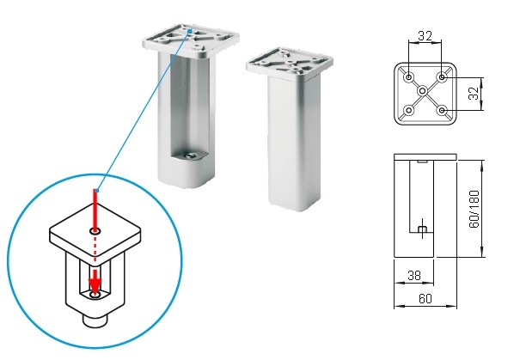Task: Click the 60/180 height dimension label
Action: tap(474, 209)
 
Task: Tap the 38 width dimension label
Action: tap(414, 275)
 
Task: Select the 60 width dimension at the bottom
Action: tap(425, 299)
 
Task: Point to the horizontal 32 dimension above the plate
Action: tap(425, 36)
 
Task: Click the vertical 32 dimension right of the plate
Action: tap(474, 93)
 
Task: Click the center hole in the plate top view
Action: tap(423, 90)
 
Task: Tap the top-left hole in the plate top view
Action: tap(409, 77)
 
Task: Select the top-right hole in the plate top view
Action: tap(442, 77)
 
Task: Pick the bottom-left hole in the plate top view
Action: tap(409, 110)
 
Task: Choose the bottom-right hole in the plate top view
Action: tap(442, 110)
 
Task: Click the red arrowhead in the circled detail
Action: tap(95, 284)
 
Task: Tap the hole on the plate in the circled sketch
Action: tap(95, 231)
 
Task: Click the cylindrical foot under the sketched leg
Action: tap(95, 320)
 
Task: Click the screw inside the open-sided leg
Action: tap(190, 156)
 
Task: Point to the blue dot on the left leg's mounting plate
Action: tap(190, 31)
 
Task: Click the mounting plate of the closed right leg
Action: tap(290, 64)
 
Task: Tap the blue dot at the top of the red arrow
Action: tap(95, 191)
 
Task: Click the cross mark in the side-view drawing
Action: tap(422, 229)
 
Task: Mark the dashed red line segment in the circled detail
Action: tap(95, 250)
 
